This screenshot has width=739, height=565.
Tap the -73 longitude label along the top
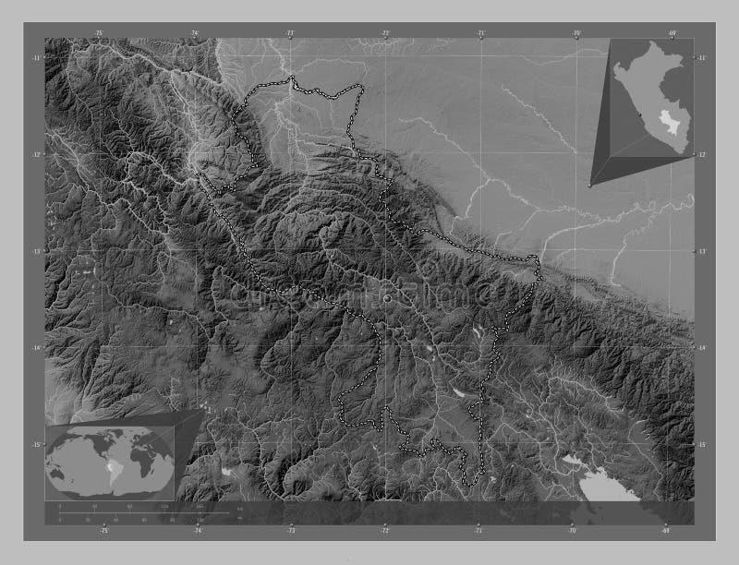(290, 32)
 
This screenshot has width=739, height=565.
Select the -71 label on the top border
(481, 32)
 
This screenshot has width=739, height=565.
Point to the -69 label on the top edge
(672, 32)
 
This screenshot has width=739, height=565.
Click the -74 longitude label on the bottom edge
(198, 532)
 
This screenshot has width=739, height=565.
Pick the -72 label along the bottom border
(384, 532)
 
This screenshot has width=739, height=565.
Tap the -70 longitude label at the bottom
(573, 532)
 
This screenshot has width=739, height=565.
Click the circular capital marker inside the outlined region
(386, 298)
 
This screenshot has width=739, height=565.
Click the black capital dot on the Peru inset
(639, 114)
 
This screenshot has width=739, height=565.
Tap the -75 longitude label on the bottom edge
(104, 532)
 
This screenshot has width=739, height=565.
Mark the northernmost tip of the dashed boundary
(292, 78)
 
